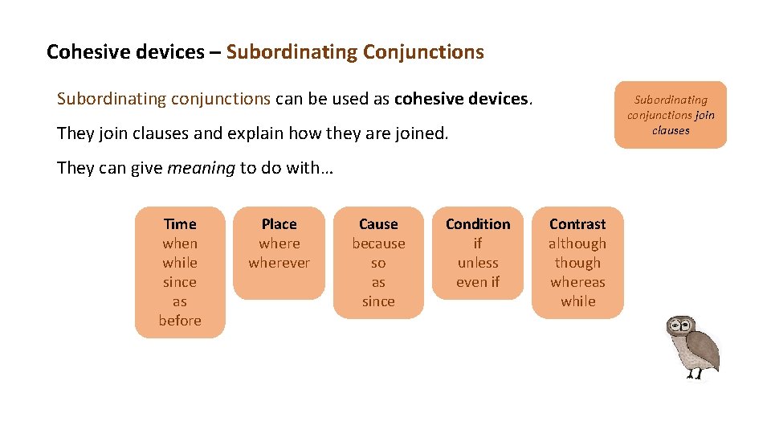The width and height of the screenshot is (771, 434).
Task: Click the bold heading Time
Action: pos(180,224)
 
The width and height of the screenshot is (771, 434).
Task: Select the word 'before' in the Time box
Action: pos(180,321)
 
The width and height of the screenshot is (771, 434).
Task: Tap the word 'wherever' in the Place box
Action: pos(279,263)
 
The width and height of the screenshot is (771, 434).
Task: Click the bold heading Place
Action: pos(279,224)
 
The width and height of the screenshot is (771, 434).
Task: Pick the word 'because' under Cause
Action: pos(378,244)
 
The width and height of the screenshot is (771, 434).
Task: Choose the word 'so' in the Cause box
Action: pos(378,263)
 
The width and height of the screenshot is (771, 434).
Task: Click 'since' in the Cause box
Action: pos(378,301)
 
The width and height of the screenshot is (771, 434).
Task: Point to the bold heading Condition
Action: pos(478,224)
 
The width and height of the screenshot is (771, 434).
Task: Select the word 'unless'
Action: pos(478,263)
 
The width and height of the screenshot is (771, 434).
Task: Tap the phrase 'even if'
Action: pos(478,282)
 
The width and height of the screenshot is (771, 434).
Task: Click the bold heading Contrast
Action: pos(577,224)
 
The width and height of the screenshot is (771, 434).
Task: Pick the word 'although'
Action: pos(577,244)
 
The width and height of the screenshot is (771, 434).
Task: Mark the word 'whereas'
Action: pos(577,282)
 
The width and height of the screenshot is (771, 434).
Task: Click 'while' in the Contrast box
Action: pos(577,301)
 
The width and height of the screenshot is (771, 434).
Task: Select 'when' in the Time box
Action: pos(180,244)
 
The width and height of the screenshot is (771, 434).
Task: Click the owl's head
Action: pos(681,328)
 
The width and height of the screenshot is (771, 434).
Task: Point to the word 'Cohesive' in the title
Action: pos(80,52)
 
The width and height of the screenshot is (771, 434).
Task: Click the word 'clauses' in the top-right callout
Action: pos(671,130)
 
